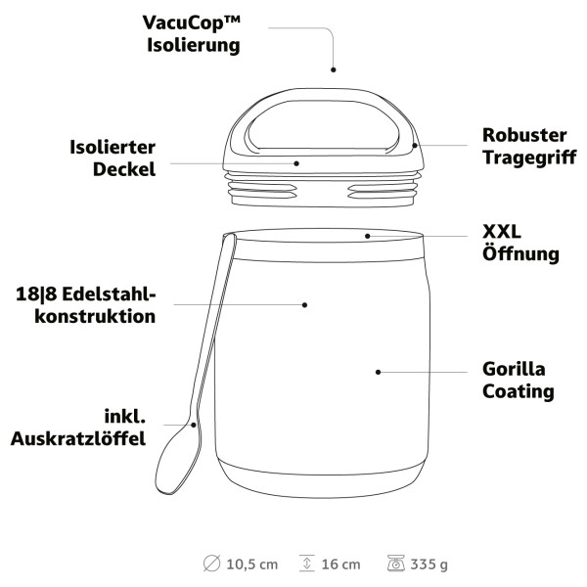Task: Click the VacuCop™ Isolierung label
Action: [192, 34]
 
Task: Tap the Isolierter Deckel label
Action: [113, 158]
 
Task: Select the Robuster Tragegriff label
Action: [529, 147]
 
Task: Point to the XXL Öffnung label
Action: [520, 243]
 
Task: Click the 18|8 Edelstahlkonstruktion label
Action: [86, 305]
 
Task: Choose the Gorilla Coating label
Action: [519, 381]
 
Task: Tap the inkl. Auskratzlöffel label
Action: [78, 428]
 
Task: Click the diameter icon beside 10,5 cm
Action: [211, 564]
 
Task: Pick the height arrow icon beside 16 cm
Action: [306, 564]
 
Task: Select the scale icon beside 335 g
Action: [396, 564]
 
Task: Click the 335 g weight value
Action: [429, 564]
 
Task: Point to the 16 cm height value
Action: [340, 564]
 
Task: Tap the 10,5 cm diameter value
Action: [252, 564]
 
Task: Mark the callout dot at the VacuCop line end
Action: [334, 69]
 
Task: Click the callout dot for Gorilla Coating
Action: [378, 372]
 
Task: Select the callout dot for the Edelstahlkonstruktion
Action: [304, 305]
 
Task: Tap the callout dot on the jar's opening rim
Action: [368, 236]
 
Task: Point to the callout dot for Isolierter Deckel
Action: [296, 163]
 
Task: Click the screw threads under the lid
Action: [323, 190]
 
